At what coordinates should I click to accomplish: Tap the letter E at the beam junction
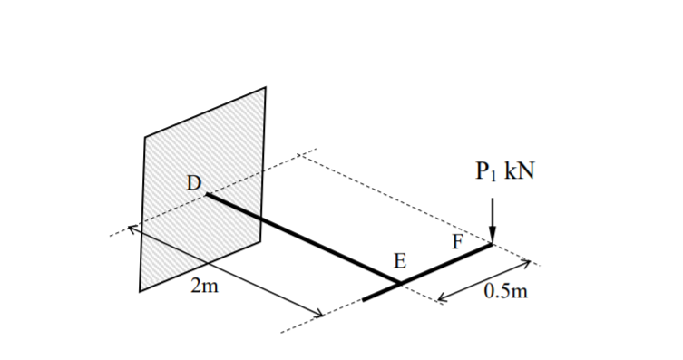(400, 262)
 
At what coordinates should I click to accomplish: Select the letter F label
(458, 241)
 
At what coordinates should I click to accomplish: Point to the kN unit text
(516, 173)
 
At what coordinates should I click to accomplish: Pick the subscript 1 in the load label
(493, 178)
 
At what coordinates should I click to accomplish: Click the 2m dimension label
(206, 288)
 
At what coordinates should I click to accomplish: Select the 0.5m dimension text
(507, 293)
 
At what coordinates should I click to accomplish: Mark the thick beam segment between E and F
(446, 264)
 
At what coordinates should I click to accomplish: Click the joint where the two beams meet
(401, 284)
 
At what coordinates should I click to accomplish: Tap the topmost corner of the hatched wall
(266, 87)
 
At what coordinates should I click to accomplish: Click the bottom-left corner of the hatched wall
(140, 291)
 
